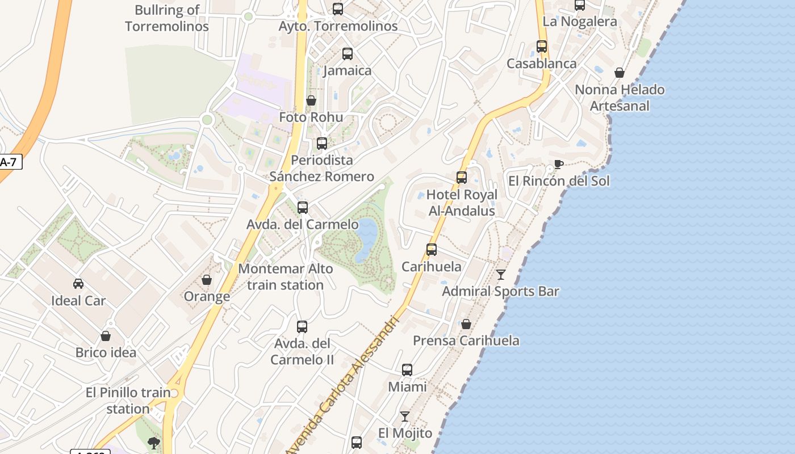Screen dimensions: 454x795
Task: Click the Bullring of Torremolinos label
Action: click(x=167, y=18)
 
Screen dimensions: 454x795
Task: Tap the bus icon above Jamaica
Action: click(x=348, y=54)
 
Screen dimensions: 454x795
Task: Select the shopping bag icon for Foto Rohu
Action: click(x=311, y=101)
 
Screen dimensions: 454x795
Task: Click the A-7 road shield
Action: click(x=9, y=162)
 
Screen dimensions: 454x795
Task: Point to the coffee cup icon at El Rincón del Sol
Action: click(x=558, y=165)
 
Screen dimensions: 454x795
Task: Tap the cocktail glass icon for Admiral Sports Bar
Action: click(x=500, y=275)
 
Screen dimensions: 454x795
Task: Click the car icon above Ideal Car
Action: click(x=78, y=284)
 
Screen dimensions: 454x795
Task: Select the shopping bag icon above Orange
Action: click(x=207, y=280)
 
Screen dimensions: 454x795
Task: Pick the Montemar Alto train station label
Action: click(x=286, y=276)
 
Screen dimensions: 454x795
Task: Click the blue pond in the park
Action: click(x=366, y=238)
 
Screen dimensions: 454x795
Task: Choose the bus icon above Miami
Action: click(x=407, y=370)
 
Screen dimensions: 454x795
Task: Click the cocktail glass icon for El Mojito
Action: click(x=405, y=417)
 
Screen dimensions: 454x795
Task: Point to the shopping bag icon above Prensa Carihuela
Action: click(x=466, y=324)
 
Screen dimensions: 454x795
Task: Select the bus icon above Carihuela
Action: click(x=432, y=250)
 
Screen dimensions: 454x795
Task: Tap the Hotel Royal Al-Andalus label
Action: click(x=462, y=203)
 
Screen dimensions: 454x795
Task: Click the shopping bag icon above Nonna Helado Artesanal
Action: click(x=620, y=73)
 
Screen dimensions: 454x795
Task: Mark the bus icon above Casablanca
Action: click(x=542, y=47)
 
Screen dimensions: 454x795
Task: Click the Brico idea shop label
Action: click(x=106, y=352)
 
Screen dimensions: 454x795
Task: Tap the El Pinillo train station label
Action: click(x=128, y=400)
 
